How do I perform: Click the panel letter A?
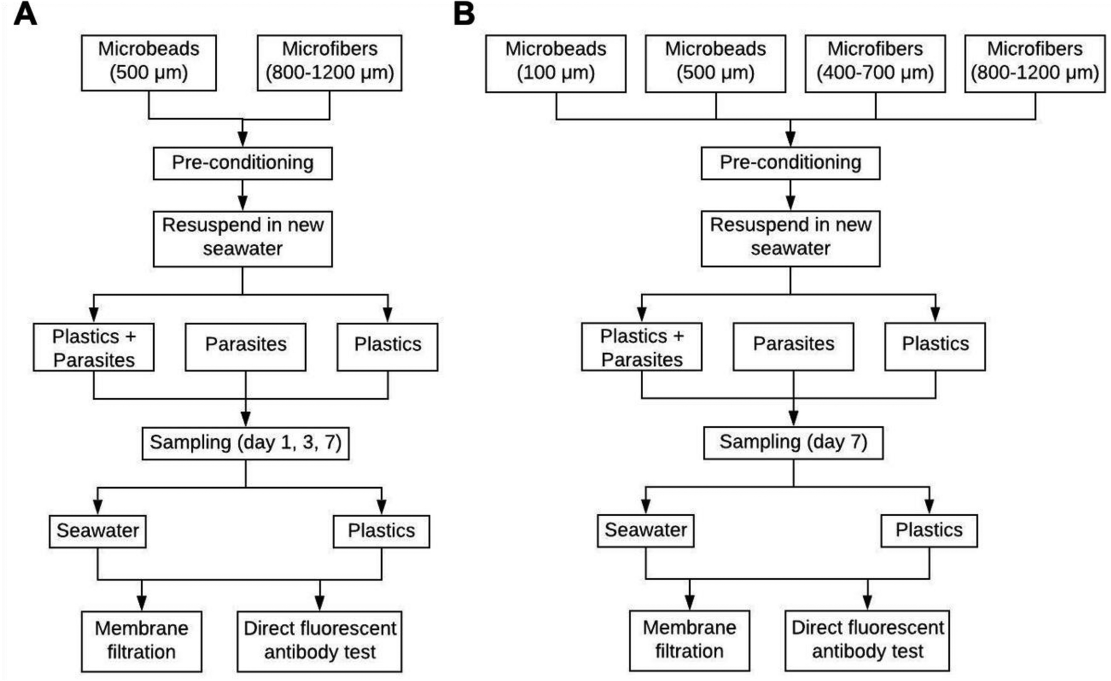point(25,14)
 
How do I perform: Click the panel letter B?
point(464,14)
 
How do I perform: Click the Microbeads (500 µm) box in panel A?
point(148,63)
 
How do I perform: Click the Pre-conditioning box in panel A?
point(242,163)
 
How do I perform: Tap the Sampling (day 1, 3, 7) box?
point(245,443)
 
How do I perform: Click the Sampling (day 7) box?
point(793,442)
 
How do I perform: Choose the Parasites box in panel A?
point(245,346)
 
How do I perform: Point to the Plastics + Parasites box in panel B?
point(641,346)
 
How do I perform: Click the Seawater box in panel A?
point(98,531)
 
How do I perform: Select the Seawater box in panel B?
point(646,530)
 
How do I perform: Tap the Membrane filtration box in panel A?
point(142,641)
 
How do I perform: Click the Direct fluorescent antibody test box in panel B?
point(867,640)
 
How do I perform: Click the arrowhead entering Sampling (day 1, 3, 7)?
point(245,420)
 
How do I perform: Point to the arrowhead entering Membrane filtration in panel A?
point(142,604)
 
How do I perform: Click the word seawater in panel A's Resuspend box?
point(242,249)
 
